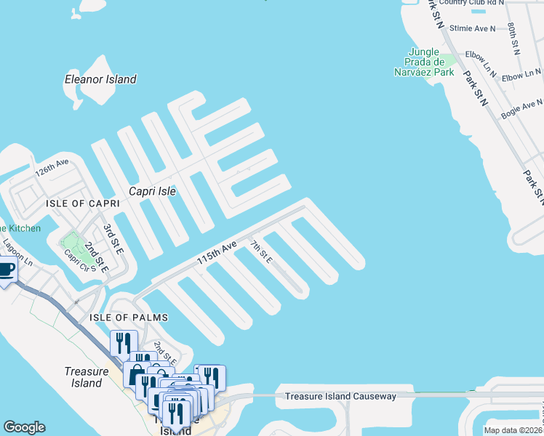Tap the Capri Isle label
153,192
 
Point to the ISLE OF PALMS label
129,318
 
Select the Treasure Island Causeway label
340,396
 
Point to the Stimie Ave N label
472,28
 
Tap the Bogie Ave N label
521,110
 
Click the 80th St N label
514,38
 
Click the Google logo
24,427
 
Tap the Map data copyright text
513,430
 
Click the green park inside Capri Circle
71,241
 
